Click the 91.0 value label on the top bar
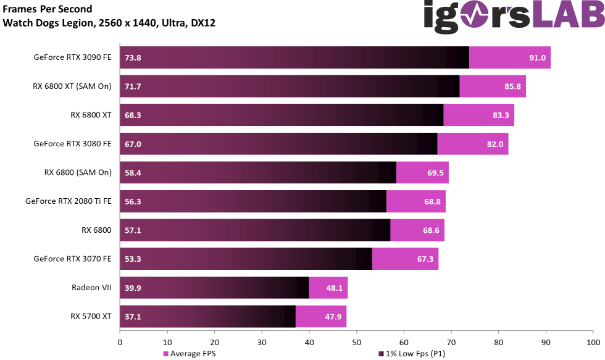click(536, 57)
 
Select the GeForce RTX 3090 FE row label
click(72, 57)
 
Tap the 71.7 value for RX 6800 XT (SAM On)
click(133, 86)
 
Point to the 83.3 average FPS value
click(501, 115)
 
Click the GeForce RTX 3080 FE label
click(72, 144)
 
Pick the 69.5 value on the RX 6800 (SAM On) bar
click(435, 173)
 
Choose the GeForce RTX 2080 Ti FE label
click(68, 201)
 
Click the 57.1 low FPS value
click(133, 230)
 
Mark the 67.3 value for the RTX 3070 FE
click(425, 259)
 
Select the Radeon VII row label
click(91, 288)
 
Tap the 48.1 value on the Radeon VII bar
click(334, 288)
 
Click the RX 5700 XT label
click(91, 317)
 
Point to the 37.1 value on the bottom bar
click(133, 317)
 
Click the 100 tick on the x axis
click(593, 341)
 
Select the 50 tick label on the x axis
click(356, 341)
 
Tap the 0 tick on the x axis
click(120, 341)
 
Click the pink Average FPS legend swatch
click(165, 354)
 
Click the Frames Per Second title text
click(48, 9)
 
